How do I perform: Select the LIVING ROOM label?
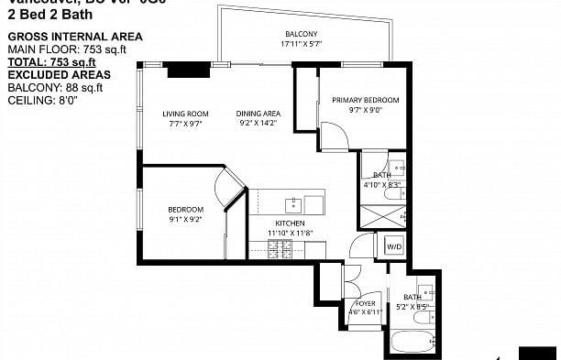click(x=181, y=114)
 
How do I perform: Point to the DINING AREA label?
click(x=258, y=114)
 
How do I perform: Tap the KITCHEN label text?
click(x=291, y=224)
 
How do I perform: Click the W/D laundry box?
click(x=392, y=246)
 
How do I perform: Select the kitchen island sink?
click(x=294, y=203)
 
